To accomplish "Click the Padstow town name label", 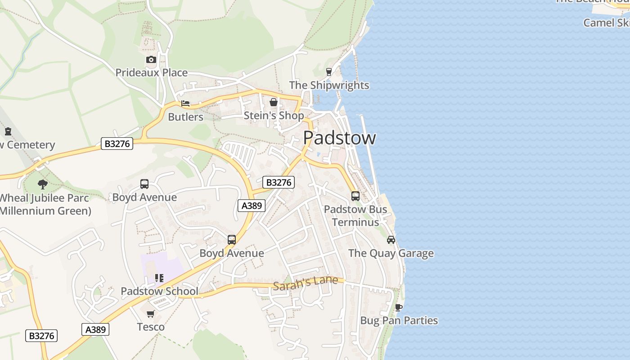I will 339,138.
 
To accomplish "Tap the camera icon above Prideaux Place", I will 151,59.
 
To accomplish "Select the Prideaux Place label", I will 151,72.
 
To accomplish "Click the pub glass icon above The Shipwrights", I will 328,72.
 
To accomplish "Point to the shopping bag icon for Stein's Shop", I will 273,102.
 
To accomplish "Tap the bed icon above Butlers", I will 185,103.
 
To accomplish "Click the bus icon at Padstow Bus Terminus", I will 355,196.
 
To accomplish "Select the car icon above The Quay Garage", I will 391,240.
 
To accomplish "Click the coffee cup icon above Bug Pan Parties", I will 398,307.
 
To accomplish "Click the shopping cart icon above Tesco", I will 150,314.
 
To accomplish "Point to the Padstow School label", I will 159,291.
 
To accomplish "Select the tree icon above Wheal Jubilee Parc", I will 43,184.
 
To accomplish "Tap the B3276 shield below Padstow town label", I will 279,182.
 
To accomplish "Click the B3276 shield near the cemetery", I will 117,144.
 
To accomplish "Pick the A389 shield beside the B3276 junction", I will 251,206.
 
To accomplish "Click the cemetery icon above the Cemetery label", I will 8,131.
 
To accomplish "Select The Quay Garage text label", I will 391,253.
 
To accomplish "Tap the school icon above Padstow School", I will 159,278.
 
